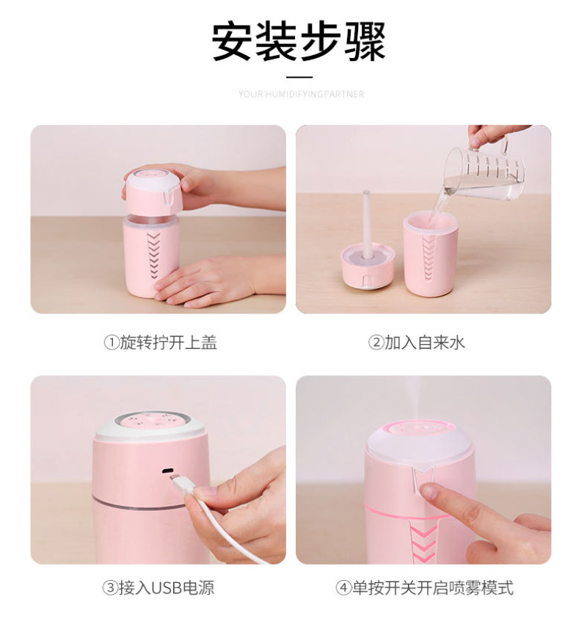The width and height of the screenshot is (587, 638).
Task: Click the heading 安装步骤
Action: [299, 42]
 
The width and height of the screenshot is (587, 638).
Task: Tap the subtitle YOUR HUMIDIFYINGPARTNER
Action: [301, 95]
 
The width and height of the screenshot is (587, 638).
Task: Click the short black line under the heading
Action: [299, 76]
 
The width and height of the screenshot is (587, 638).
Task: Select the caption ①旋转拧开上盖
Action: [161, 343]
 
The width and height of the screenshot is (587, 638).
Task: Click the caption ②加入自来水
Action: [417, 343]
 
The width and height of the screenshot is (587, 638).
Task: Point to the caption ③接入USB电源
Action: [158, 588]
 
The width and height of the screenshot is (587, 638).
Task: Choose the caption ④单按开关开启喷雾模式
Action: [425, 588]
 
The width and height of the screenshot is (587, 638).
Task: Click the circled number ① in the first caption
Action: [111, 343]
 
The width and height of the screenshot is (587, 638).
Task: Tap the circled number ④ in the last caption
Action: [343, 588]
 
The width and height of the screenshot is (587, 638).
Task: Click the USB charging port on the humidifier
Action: [167, 471]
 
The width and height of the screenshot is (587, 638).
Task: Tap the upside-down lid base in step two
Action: [368, 267]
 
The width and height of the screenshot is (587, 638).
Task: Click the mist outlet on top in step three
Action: [148, 421]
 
